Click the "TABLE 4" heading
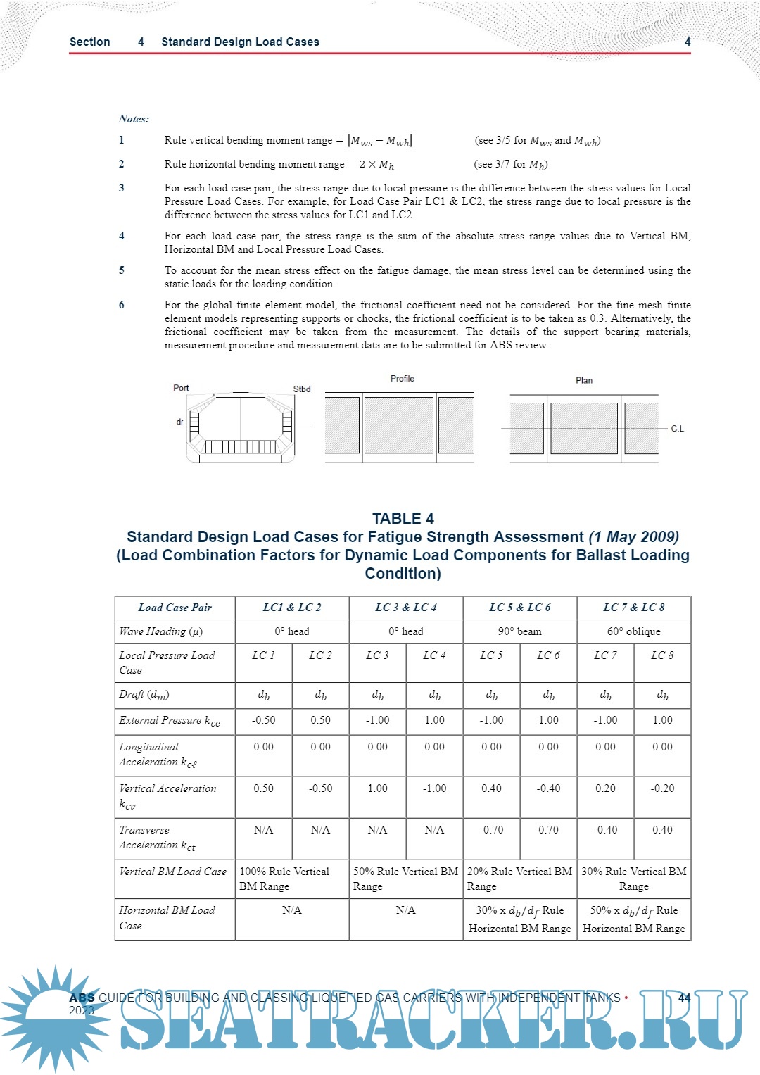click(x=403, y=519)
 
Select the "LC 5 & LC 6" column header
click(x=519, y=608)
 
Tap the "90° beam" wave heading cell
click(x=519, y=631)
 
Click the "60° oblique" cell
click(x=633, y=631)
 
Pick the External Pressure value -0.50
click(x=263, y=720)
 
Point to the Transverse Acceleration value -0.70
click(x=491, y=830)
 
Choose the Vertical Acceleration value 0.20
click(x=605, y=788)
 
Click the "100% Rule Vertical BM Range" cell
click(x=291, y=879)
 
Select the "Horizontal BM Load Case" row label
click(x=167, y=917)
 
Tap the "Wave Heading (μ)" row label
click(x=161, y=631)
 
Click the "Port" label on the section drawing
click(x=181, y=388)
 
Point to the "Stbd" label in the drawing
click(x=302, y=389)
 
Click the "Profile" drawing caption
click(x=403, y=379)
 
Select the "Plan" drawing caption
click(x=584, y=380)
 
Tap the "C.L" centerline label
click(x=677, y=429)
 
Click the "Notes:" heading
click(x=134, y=119)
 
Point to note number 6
click(x=122, y=305)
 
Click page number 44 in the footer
click(x=684, y=998)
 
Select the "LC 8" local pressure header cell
click(x=662, y=655)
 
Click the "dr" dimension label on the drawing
click(x=180, y=422)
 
